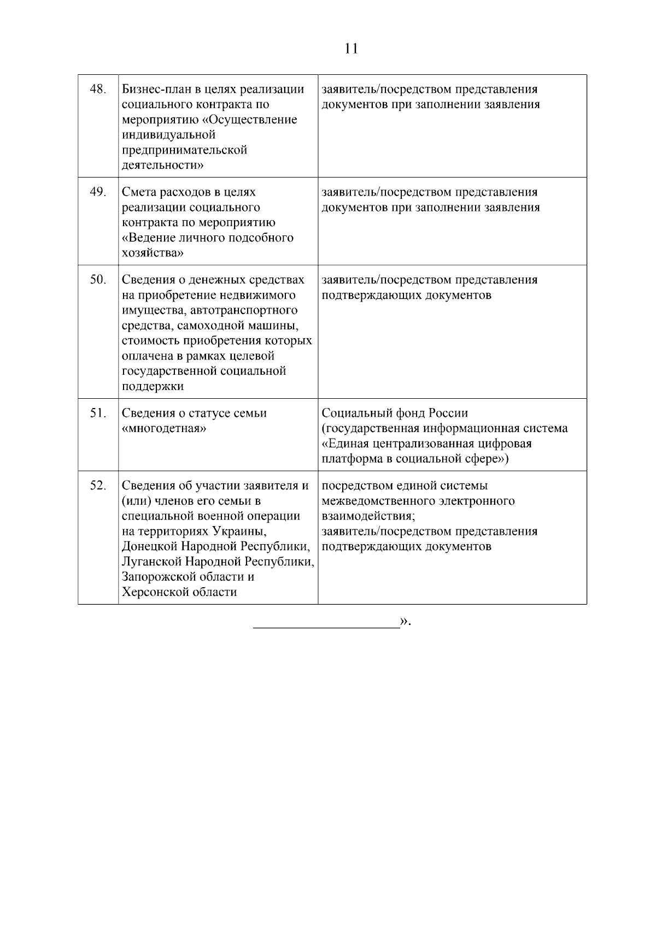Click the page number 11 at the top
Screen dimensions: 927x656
click(x=352, y=49)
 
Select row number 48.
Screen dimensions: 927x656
click(x=97, y=89)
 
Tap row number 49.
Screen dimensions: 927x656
click(x=97, y=192)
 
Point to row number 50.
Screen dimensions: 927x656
click(x=97, y=280)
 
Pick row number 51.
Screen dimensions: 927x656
click(x=97, y=413)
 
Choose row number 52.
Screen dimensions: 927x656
click(x=97, y=486)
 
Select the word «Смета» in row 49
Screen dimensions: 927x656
click(x=138, y=192)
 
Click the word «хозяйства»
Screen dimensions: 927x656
click(x=153, y=253)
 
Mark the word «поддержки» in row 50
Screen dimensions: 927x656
click(x=153, y=387)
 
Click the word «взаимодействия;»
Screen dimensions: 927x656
click(x=368, y=516)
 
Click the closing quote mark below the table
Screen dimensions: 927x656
click(x=405, y=621)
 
